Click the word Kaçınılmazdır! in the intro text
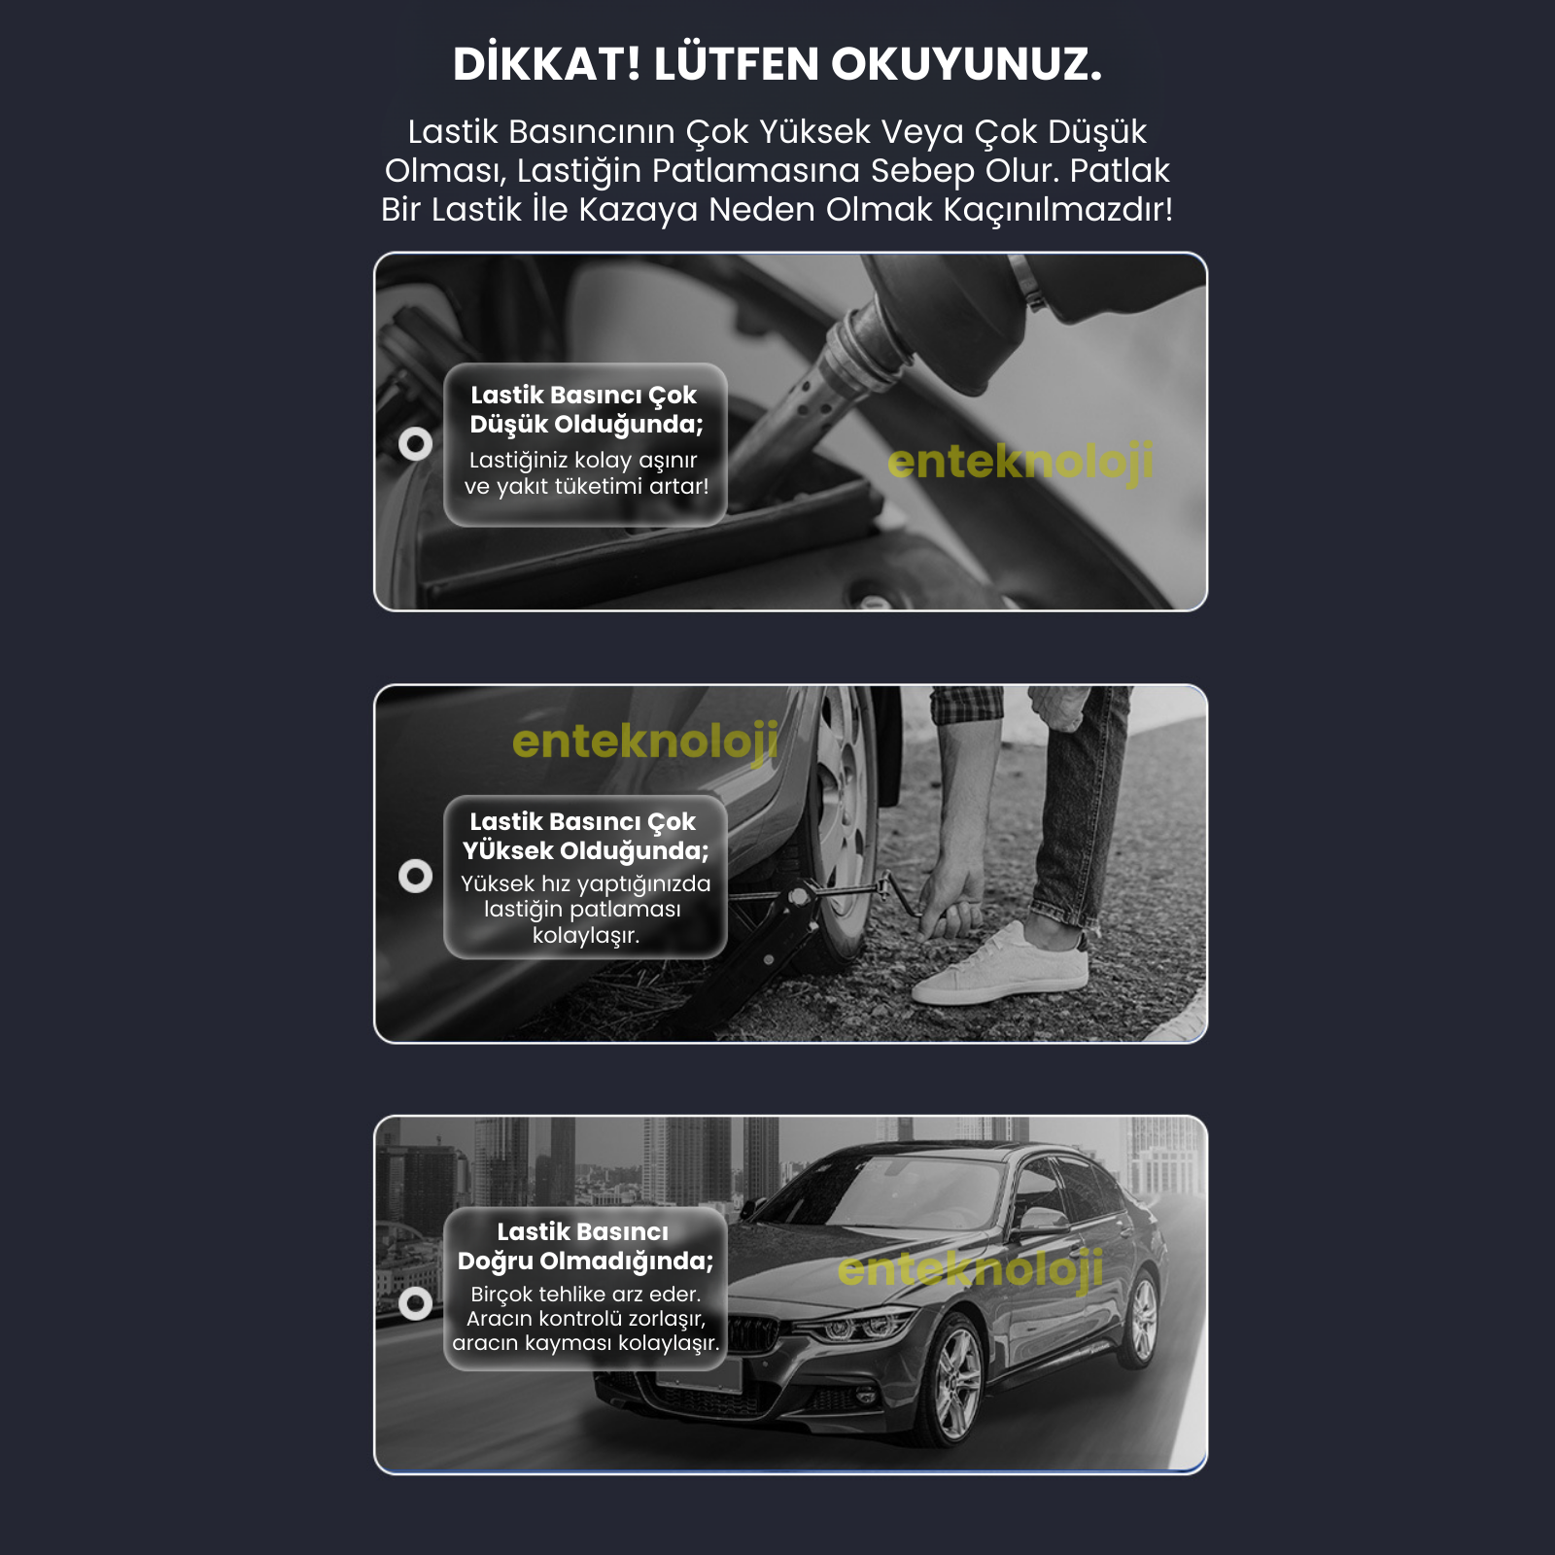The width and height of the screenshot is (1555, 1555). pyautogui.click(x=1058, y=210)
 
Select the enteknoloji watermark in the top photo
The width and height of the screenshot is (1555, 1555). pyautogui.click(x=1020, y=462)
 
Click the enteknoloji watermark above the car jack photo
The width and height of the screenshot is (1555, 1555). pyautogui.click(x=645, y=742)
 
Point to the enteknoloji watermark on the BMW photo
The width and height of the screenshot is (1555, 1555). pyautogui.click(x=970, y=1269)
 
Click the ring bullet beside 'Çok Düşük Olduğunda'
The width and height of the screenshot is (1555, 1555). pyautogui.click(x=416, y=444)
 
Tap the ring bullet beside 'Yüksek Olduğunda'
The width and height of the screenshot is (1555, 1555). pyautogui.click(x=416, y=876)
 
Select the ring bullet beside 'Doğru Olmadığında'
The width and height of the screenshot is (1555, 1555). pyautogui.click(x=416, y=1303)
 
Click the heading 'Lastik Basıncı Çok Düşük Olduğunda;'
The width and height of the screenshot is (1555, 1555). pyautogui.click(x=585, y=409)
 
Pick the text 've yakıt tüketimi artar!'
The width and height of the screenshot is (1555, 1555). pyautogui.click(x=586, y=486)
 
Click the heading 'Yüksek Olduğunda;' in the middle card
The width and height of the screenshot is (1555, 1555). pyautogui.click(x=585, y=850)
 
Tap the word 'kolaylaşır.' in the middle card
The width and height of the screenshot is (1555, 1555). pyautogui.click(x=585, y=935)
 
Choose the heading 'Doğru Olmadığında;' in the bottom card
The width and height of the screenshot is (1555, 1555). pyautogui.click(x=585, y=1261)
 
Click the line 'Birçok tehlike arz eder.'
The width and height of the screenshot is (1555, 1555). pyautogui.click(x=585, y=1294)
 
